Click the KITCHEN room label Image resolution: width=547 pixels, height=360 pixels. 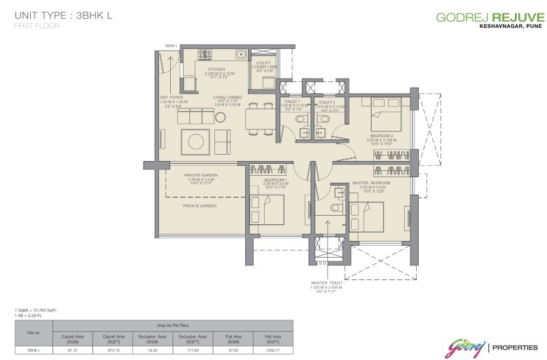coord(215,69)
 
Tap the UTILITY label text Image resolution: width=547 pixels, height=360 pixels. coord(263,63)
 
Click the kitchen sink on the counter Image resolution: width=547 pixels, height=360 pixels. coord(240,53)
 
